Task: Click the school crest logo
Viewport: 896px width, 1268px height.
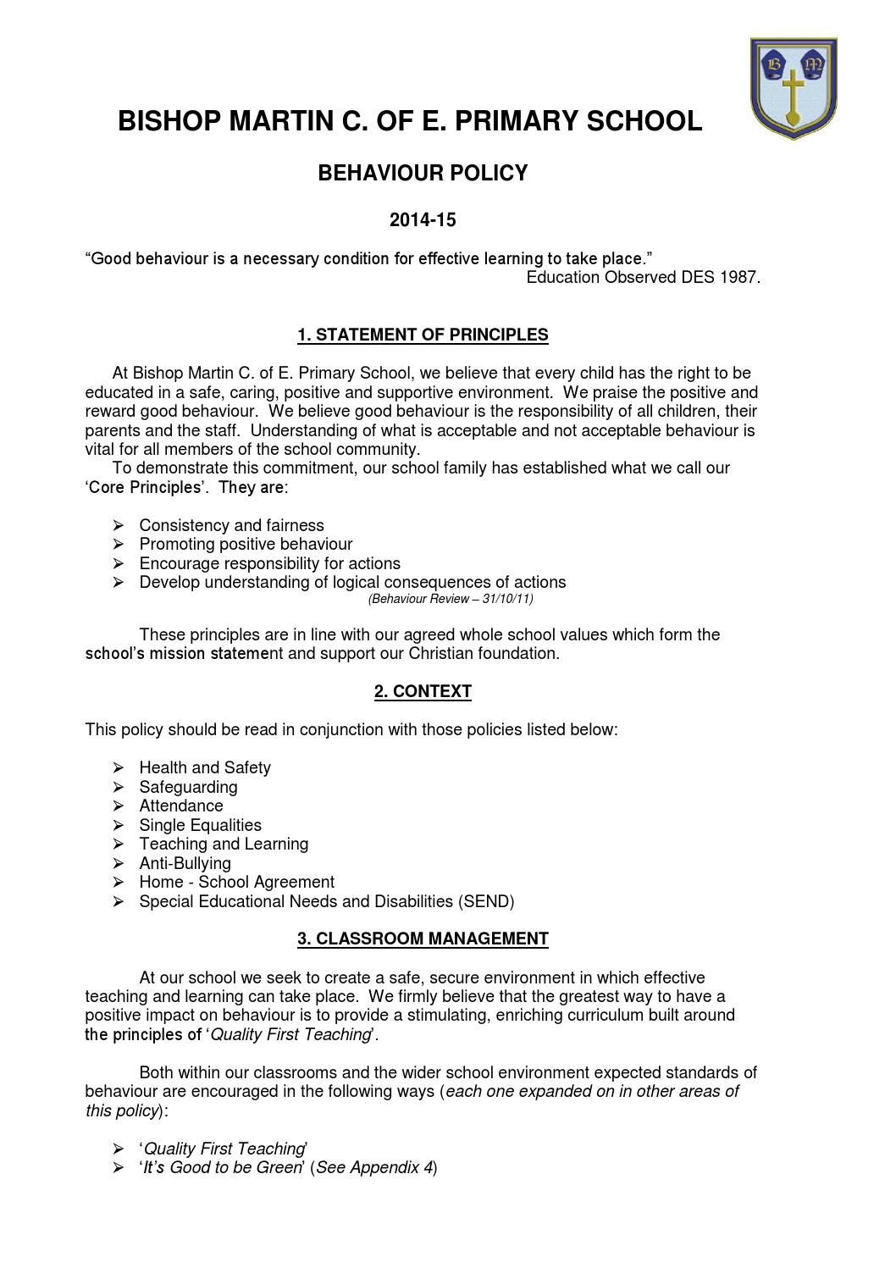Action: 794,87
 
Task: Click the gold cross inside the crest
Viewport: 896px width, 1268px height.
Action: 794,93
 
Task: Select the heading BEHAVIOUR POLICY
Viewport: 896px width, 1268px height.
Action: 423,174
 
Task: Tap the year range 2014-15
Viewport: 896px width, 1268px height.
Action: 423,221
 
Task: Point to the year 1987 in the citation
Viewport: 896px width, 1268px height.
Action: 738,278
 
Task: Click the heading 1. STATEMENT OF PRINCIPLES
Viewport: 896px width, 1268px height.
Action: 423,335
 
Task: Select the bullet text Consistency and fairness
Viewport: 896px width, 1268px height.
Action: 231,526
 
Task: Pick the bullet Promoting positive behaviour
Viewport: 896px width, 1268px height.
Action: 246,545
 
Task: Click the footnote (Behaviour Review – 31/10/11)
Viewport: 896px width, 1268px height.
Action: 451,600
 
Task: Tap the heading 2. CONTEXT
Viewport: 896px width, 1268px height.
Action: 423,692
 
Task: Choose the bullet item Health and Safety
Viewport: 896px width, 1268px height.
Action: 205,768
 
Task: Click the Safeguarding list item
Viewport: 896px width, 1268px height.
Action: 188,788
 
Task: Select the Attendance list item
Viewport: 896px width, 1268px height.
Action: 181,806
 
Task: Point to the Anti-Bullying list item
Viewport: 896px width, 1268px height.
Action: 185,864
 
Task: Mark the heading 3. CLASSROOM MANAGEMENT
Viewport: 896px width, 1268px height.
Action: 423,939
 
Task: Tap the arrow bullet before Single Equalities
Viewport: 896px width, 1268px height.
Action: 119,826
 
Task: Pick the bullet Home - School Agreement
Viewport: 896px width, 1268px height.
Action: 236,883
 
